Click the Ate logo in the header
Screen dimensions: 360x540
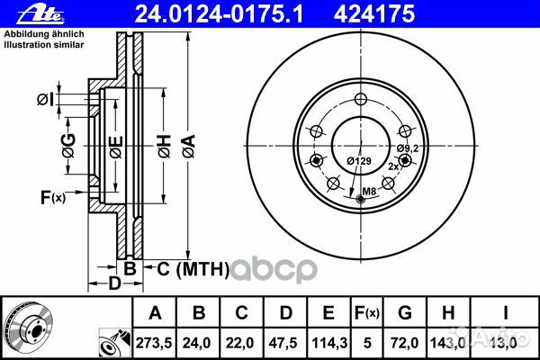[26, 13]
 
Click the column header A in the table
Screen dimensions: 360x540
[156, 314]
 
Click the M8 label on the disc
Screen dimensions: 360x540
[370, 191]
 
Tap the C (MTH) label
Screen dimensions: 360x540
[185, 268]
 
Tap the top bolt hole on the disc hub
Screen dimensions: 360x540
[360, 100]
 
